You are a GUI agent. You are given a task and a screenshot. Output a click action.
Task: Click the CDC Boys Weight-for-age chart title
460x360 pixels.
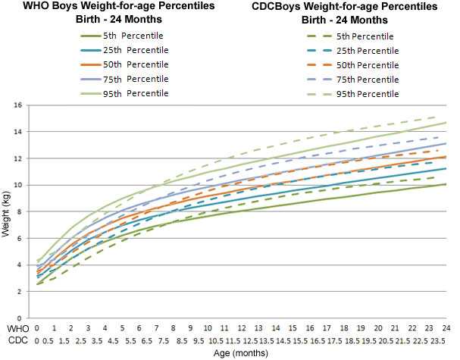(x=341, y=12)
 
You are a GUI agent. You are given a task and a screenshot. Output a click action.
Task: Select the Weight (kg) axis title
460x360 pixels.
(x=7, y=212)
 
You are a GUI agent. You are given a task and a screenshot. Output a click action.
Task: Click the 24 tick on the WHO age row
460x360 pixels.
(x=446, y=328)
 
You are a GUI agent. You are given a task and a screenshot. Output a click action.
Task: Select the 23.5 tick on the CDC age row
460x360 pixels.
(x=438, y=340)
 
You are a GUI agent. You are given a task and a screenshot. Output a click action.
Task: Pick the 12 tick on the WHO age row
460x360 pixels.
(x=242, y=328)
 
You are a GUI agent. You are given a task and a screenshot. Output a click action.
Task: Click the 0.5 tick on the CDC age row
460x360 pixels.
(x=46, y=340)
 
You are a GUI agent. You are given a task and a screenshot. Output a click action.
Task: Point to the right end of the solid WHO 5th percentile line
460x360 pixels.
(x=446, y=183)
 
